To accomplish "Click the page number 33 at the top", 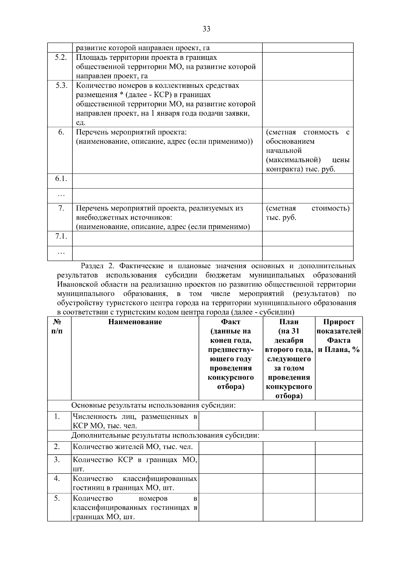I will (206, 29).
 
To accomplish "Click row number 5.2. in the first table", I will (61, 57).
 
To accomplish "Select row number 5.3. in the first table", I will (61, 85).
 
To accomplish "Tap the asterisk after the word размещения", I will (122, 95).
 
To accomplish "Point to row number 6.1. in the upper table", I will (61, 179).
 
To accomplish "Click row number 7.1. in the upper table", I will (61, 236).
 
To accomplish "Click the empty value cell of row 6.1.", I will (307, 181).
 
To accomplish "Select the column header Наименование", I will (135, 322).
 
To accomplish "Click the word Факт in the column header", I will (230, 322).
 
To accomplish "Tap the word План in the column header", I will (289, 322).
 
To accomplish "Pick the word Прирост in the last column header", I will (338, 322).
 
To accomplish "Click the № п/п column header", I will (57, 326).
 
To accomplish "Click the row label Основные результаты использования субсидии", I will (154, 406).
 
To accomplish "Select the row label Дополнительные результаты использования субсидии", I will (165, 435).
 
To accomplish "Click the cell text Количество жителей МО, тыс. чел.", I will (133, 447).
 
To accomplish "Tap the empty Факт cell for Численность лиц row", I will (230, 421).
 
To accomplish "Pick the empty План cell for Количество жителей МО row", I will (289, 448).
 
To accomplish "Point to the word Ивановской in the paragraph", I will (75, 284).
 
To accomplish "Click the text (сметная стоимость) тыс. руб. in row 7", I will (307, 213).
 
